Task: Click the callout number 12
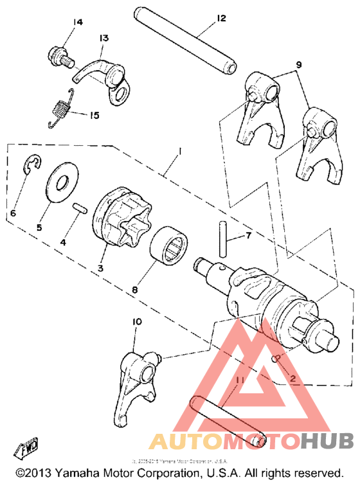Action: (x=221, y=18)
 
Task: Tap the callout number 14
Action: (x=78, y=22)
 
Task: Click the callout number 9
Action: (x=298, y=64)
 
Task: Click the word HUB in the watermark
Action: (x=326, y=442)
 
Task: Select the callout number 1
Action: (x=181, y=151)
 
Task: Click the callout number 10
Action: (x=138, y=321)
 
